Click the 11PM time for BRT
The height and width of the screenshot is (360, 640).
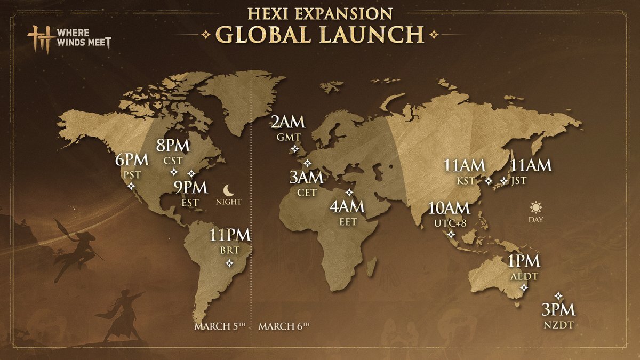230,235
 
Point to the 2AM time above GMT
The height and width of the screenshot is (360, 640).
288,122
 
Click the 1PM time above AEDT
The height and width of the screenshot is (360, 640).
523,261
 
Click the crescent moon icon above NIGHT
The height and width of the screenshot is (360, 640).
229,189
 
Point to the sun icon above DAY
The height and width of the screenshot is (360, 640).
535,207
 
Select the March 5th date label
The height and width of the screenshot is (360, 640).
219,326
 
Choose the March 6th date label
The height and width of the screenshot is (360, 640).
284,326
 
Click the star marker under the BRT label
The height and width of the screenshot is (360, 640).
229,263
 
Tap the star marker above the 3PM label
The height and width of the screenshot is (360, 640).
558,295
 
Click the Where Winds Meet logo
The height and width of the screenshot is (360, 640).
70,40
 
